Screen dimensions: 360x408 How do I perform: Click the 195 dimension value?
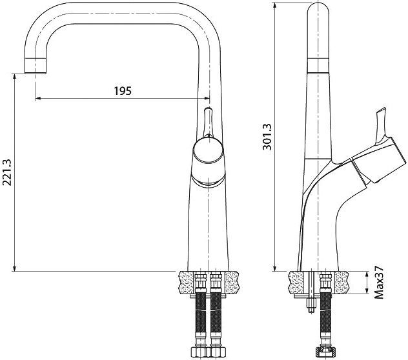pos(123,91)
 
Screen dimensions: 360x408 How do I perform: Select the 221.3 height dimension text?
pos(8,173)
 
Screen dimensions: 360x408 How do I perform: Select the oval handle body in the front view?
pos(209,155)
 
